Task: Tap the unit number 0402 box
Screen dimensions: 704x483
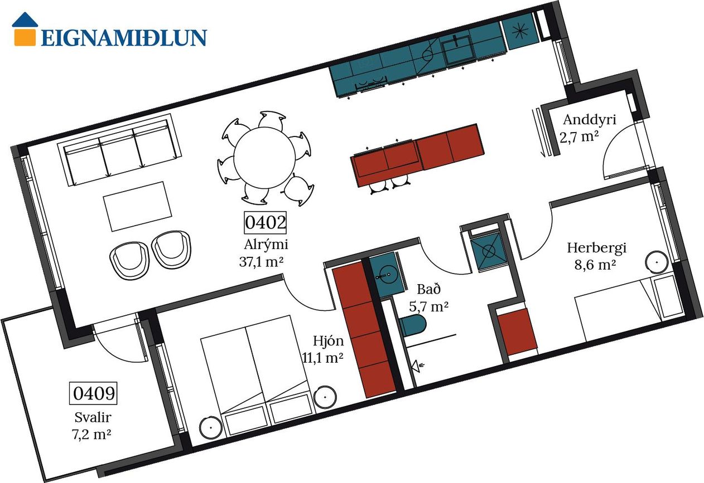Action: pyautogui.click(x=266, y=222)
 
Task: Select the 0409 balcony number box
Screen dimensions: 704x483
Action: pyautogui.click(x=93, y=393)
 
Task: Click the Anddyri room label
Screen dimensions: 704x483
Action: pyautogui.click(x=589, y=120)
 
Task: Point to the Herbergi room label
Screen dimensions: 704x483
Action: pyautogui.click(x=596, y=248)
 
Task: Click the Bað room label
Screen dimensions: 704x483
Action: pyautogui.click(x=428, y=289)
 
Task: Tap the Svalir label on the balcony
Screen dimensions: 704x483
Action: pyautogui.click(x=93, y=417)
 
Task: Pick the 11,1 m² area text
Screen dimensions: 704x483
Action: pyautogui.click(x=323, y=357)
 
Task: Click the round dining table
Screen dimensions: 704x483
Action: pyautogui.click(x=264, y=158)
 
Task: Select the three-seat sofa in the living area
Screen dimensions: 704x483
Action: pyautogui.click(x=119, y=150)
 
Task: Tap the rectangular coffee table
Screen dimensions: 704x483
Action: pyautogui.click(x=138, y=206)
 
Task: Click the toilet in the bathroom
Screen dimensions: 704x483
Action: pyautogui.click(x=413, y=325)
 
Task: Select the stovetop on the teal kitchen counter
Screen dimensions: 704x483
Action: pyautogui.click(x=371, y=83)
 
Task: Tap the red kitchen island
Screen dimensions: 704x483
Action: pyautogui.click(x=417, y=155)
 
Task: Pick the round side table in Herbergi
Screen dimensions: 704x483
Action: pyautogui.click(x=657, y=262)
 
